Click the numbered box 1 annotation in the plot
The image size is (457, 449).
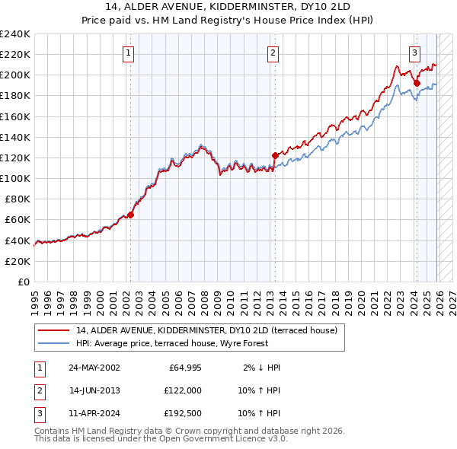[128, 53]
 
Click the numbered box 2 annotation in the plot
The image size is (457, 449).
[273, 53]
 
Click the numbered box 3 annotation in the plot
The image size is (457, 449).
[414, 53]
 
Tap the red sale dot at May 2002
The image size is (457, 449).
[131, 215]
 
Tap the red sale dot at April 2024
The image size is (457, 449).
[417, 83]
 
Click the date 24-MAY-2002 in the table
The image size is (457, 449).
[94, 368]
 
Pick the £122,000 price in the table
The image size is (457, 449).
[182, 390]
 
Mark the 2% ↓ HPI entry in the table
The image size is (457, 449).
[261, 368]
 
